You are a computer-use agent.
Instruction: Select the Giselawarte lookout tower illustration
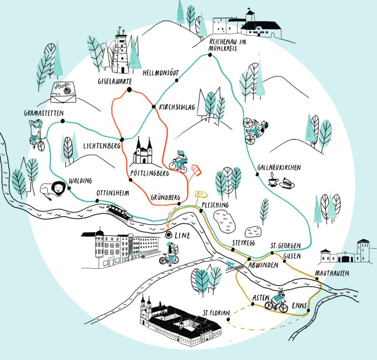[121, 54]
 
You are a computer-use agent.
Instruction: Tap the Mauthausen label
[332, 273]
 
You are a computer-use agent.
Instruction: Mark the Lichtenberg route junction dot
[122, 139]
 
